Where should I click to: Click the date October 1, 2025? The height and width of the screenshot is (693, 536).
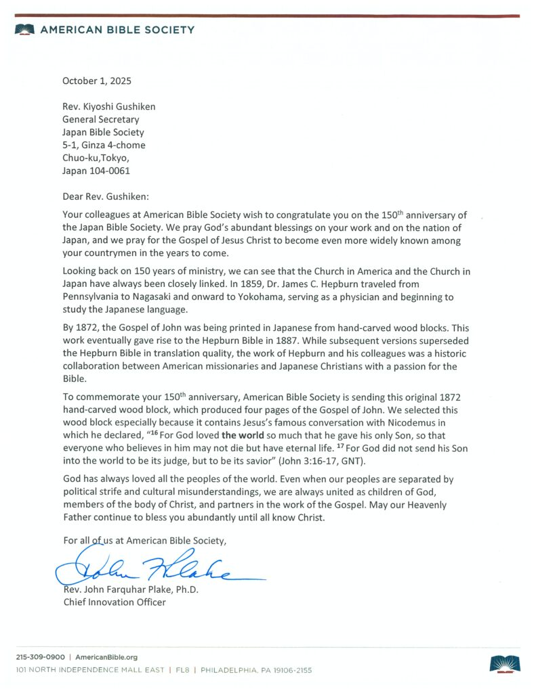click(96, 81)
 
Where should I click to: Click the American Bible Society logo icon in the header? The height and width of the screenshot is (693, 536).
click(25, 30)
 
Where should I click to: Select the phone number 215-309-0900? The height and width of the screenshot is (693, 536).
click(41, 657)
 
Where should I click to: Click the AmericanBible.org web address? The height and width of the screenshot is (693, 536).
click(106, 657)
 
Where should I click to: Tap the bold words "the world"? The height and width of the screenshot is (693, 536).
click(243, 435)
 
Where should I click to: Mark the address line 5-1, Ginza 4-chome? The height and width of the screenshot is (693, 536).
click(104, 145)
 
